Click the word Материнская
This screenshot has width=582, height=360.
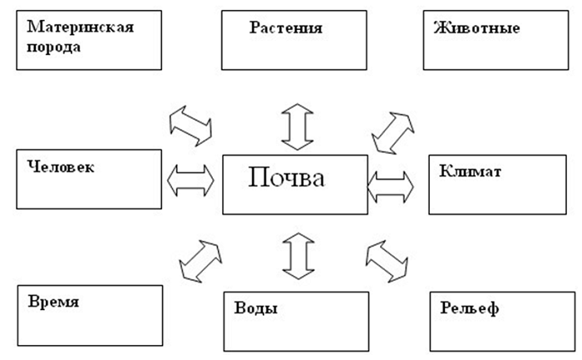pyautogui.click(x=81, y=25)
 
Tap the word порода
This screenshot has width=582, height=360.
pyautogui.click(x=54, y=47)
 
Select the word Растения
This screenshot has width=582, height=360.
pyautogui.click(x=285, y=28)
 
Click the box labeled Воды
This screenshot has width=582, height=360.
pyautogui.click(x=296, y=320)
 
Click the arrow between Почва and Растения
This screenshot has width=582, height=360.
pyautogui.click(x=296, y=126)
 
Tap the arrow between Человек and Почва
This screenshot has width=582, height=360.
pyautogui.click(x=190, y=180)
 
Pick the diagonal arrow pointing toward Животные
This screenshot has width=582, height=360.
pyautogui.click(x=395, y=129)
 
